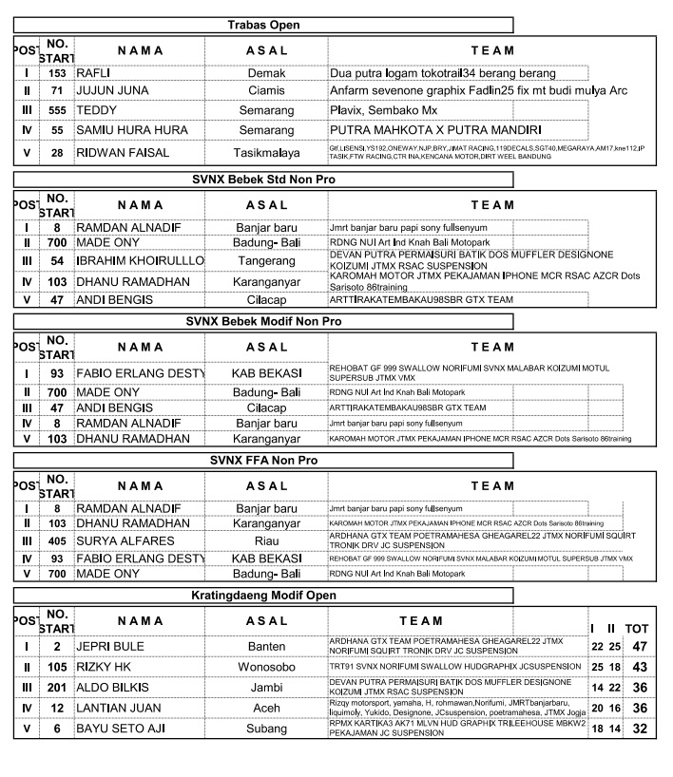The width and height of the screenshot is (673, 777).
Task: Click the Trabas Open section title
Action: coord(263,24)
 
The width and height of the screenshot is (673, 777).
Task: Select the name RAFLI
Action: coord(93,71)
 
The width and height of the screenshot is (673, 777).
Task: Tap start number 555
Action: coord(57,109)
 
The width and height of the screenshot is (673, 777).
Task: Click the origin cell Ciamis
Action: coord(266,90)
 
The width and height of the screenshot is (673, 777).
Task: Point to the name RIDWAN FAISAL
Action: coord(124,152)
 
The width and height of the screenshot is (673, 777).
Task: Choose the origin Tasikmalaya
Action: coord(266,152)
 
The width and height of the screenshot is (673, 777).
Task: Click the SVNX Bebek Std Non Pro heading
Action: coord(263,179)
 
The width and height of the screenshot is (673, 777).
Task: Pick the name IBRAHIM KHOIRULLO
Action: coord(140,260)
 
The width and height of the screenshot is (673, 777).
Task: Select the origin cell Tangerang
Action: coord(266,260)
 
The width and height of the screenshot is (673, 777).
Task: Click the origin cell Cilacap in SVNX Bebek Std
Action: coord(266,299)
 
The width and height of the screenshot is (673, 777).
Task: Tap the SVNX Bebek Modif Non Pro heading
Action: coord(263,321)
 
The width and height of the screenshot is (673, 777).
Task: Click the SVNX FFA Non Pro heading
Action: coord(263,460)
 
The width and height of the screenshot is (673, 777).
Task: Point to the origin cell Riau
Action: coord(266,540)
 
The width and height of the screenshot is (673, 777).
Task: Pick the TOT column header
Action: coord(637,629)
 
